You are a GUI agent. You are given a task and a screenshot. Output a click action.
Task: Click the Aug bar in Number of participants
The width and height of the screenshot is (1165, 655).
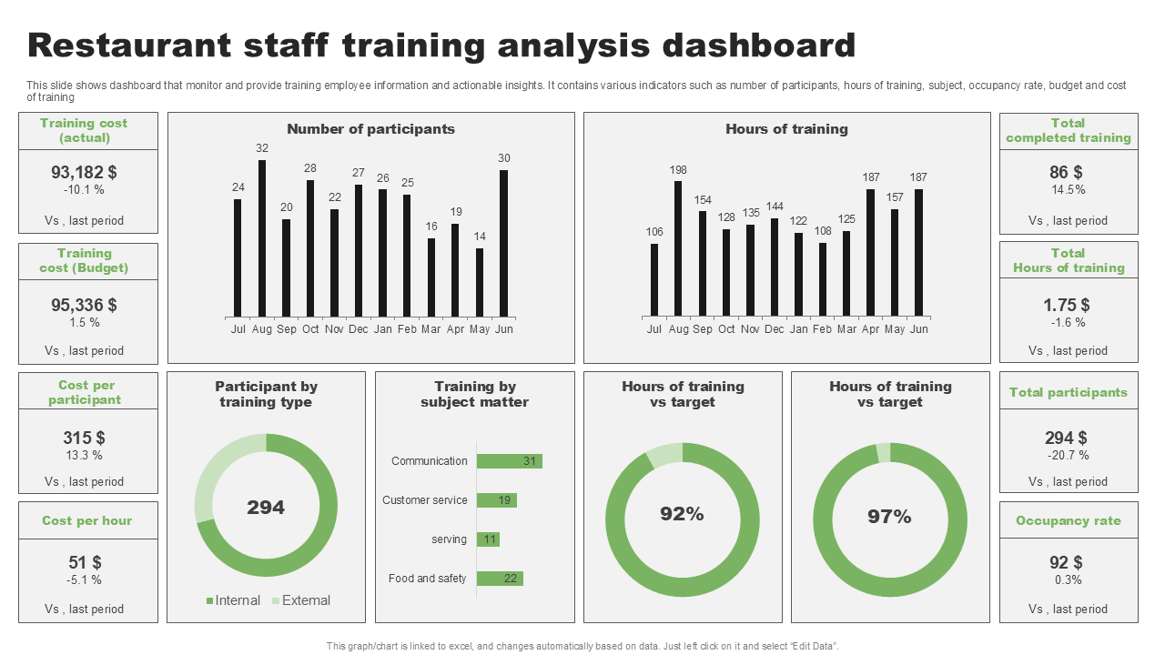(x=262, y=238)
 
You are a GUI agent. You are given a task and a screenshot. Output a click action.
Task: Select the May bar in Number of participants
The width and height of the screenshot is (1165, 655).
(x=480, y=283)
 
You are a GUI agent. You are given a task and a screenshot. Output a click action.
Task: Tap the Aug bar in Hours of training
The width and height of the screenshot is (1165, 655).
(x=678, y=248)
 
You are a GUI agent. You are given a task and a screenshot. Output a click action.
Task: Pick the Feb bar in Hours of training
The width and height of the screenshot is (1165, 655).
(x=823, y=279)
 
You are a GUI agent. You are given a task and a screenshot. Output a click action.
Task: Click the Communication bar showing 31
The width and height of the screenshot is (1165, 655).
(x=509, y=461)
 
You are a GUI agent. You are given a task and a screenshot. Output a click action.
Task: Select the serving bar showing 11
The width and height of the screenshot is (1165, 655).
(x=488, y=539)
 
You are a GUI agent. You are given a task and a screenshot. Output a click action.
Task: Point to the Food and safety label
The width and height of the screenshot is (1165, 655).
(x=427, y=579)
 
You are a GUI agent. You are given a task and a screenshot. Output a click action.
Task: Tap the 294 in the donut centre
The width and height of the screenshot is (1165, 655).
(x=266, y=508)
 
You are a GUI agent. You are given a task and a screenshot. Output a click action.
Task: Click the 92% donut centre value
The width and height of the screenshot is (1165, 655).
(x=682, y=514)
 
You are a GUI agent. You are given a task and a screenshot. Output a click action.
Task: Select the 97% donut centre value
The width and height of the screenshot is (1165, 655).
(x=889, y=517)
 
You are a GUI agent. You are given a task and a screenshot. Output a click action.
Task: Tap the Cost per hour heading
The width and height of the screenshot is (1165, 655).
(x=87, y=521)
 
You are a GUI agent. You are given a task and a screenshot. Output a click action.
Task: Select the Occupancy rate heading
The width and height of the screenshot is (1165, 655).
(x=1069, y=521)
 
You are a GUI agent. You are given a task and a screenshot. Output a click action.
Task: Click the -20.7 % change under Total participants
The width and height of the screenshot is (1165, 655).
(x=1069, y=455)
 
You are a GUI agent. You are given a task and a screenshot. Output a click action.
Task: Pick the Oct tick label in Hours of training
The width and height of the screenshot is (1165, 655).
(x=726, y=329)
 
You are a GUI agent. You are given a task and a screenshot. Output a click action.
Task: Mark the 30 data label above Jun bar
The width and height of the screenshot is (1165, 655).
(x=504, y=158)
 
